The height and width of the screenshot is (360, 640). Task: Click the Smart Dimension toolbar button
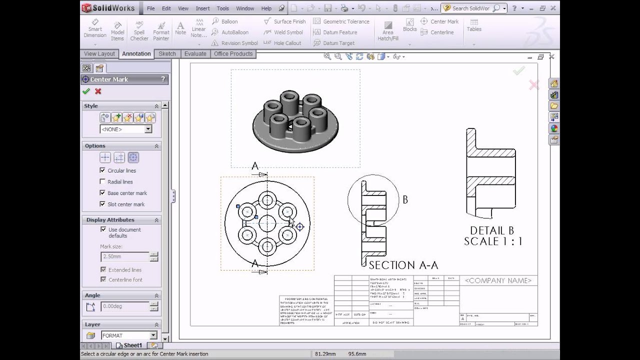click(94, 29)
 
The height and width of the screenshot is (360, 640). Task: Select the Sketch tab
click(167, 54)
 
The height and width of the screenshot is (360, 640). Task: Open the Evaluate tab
click(195, 54)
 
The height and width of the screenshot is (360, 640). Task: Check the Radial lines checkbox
click(103, 182)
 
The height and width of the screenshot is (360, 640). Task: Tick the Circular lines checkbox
click(103, 170)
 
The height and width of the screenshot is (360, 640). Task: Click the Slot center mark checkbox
click(103, 204)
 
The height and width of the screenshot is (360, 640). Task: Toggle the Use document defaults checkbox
click(103, 229)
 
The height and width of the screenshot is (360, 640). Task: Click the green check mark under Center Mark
click(86, 91)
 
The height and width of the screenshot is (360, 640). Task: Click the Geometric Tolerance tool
click(341, 21)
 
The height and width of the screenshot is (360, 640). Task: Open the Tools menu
click(222, 8)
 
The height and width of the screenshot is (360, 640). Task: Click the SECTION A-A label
click(403, 265)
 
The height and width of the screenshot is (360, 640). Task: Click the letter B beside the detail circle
click(405, 199)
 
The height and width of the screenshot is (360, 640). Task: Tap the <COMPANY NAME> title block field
click(498, 280)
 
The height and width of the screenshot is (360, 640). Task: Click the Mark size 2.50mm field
click(125, 256)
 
